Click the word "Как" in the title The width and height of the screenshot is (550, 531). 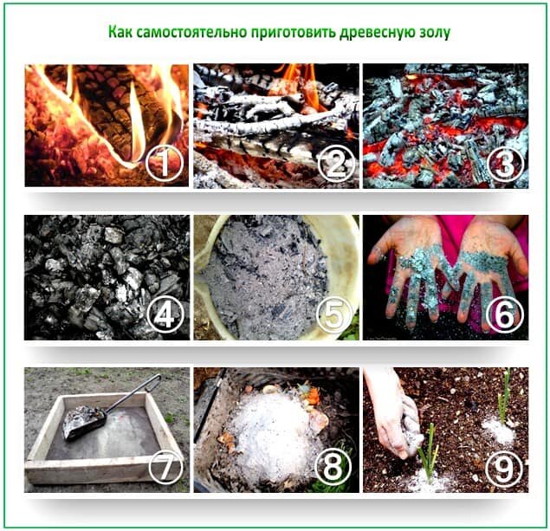pos(120,32)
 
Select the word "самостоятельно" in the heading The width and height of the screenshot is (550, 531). pos(191,32)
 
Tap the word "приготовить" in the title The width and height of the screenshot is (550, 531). pos(294,33)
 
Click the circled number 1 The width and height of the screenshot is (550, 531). pos(165,163)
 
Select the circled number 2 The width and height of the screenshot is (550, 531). pos(336,163)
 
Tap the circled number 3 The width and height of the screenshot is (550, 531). pos(505,163)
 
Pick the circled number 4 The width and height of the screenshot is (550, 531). pos(165,314)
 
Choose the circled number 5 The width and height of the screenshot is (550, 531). pos(334,314)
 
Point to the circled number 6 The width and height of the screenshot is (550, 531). pos(504,314)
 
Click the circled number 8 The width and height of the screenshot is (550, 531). pos(333,467)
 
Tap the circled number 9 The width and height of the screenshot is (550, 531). pos(504,467)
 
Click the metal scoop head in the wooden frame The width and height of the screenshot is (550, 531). pos(83,422)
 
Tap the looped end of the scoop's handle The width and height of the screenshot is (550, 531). pos(154,382)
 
